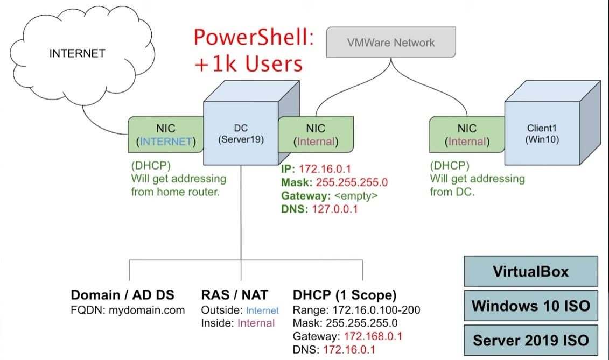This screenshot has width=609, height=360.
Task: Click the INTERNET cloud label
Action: (77, 53)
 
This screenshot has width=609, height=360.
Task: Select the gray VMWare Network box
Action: (391, 43)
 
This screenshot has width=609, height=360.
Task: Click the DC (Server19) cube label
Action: (240, 135)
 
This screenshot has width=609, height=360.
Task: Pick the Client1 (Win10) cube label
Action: (543, 135)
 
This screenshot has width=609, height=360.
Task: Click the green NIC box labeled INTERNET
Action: (165, 135)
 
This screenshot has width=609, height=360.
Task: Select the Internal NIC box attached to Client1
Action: (466, 135)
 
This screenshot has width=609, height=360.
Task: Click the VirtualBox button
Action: (530, 271)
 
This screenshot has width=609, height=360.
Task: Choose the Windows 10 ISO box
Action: (530, 306)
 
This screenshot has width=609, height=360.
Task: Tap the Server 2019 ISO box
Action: (530, 340)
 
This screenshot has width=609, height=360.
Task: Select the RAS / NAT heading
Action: (234, 295)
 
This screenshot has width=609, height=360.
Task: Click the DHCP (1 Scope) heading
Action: (345, 295)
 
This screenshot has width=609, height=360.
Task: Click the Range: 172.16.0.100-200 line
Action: (356, 310)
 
